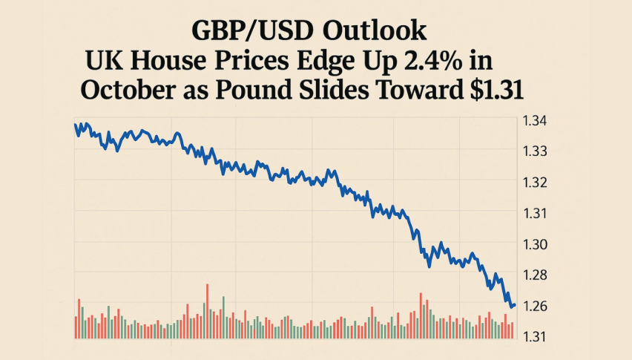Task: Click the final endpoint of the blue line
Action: click(x=514, y=304)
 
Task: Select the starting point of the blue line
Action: click(x=76, y=124)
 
